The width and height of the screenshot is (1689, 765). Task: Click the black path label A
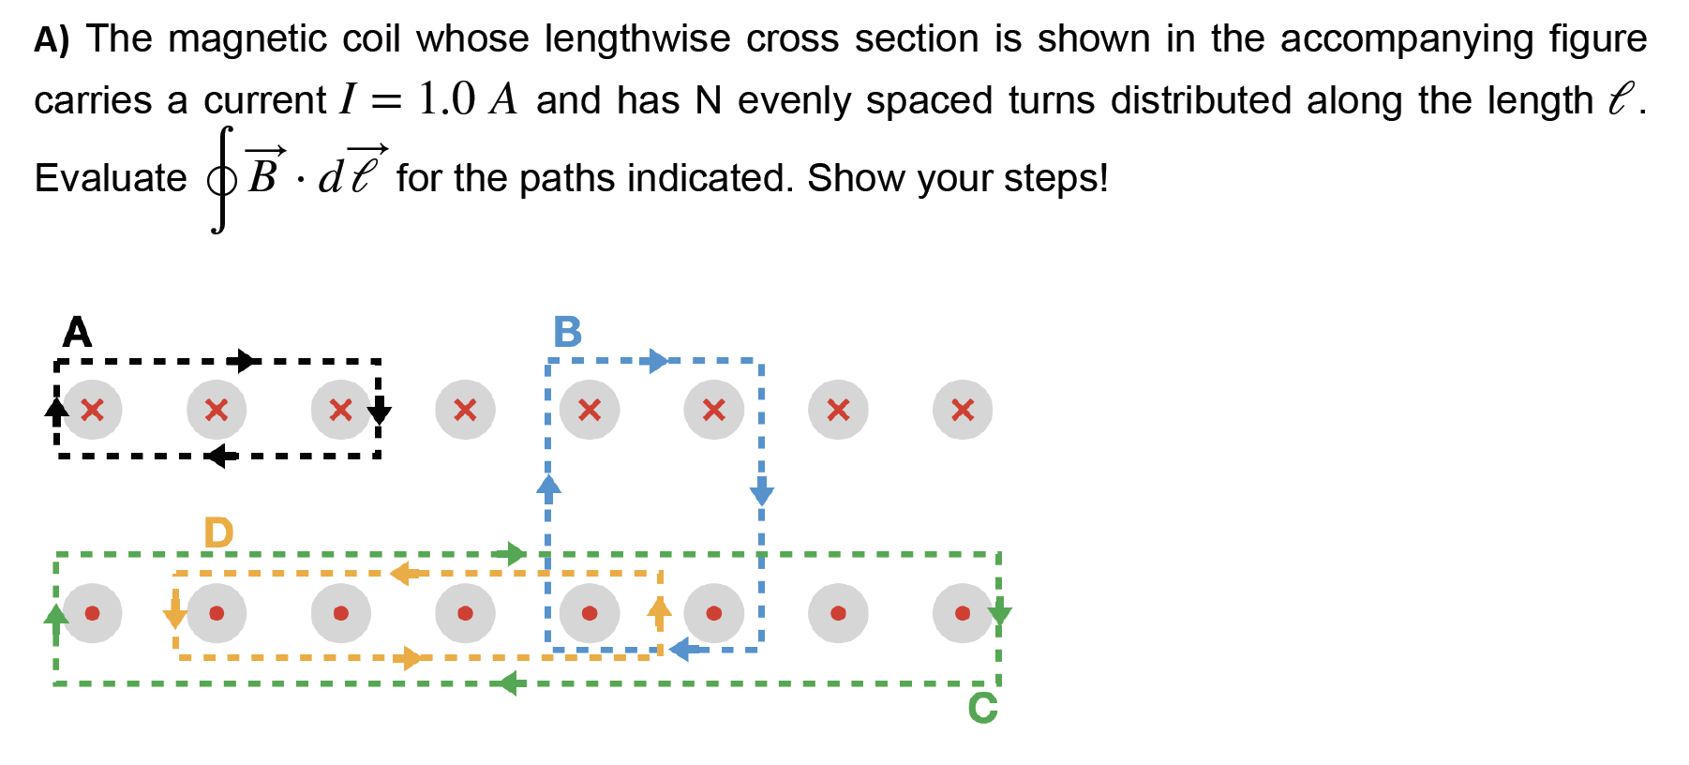tap(77, 333)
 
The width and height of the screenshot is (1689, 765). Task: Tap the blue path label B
tap(567, 333)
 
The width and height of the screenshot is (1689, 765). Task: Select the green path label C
tap(982, 709)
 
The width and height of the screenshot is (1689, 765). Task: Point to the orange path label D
tap(218, 533)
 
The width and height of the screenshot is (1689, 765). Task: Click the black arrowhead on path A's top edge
tap(247, 361)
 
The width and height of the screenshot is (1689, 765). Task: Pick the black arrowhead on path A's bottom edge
tap(220, 457)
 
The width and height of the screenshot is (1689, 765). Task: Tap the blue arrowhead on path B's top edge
tap(659, 361)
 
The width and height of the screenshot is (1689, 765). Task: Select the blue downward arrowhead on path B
tap(762, 493)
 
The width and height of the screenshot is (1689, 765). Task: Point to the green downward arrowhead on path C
tap(999, 615)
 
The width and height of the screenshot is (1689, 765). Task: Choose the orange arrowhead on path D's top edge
tap(404, 573)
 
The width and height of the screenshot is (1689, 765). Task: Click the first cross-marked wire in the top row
tap(92, 410)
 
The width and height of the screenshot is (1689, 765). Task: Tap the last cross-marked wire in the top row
tap(963, 410)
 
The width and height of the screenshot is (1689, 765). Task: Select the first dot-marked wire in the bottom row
tap(92, 613)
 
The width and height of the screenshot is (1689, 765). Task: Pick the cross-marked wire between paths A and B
tap(465, 410)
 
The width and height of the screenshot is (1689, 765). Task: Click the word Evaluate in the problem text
tap(111, 178)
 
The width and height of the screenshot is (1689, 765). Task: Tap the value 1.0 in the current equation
tap(447, 99)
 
